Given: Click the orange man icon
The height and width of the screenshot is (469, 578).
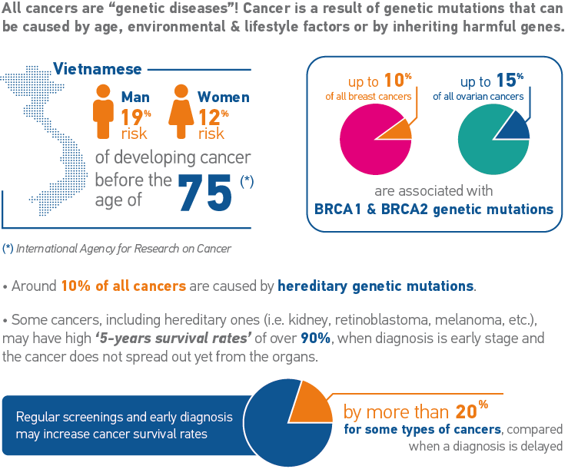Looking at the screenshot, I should tap(103, 111).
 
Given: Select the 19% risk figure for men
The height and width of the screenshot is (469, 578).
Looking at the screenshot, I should tap(135, 117).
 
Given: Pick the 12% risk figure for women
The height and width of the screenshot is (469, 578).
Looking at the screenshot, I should tap(211, 117).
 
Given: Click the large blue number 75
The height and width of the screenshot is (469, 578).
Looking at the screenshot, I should tap(205, 193).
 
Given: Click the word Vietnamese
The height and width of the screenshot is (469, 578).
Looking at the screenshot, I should tap(98, 69).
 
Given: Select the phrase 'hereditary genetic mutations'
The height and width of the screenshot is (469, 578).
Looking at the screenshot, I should tap(376, 286).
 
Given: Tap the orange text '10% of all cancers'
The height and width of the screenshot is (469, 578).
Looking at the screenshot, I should tap(123, 286).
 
